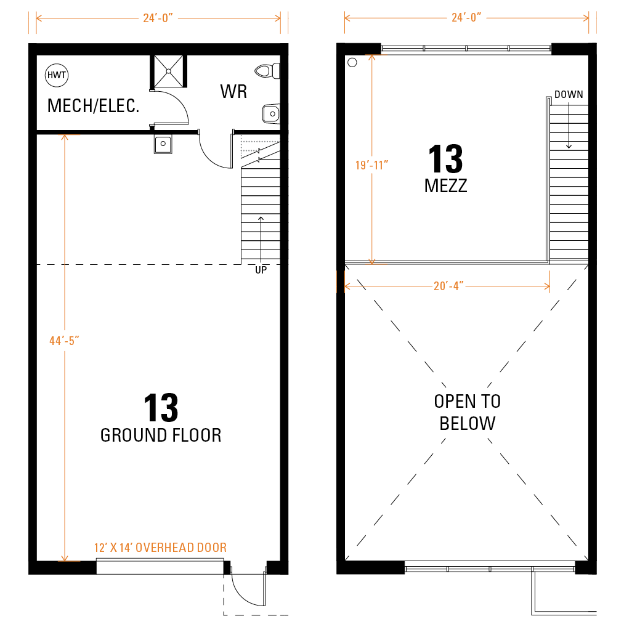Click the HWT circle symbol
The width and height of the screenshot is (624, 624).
(57, 75)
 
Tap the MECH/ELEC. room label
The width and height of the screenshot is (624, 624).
(93, 106)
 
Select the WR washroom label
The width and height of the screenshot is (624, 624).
(233, 92)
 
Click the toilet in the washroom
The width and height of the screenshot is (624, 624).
(267, 71)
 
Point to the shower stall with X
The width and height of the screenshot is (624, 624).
(169, 71)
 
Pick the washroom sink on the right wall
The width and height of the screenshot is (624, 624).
(272, 114)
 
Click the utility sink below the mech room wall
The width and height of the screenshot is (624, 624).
(163, 144)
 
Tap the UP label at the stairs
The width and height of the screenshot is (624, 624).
(261, 270)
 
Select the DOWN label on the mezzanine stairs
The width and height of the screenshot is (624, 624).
(569, 94)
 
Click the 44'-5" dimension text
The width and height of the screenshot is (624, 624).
(64, 341)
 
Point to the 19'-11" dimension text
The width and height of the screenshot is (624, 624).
(371, 165)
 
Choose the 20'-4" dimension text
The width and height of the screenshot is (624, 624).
(448, 286)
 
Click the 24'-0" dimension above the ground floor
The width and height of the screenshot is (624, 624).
(158, 18)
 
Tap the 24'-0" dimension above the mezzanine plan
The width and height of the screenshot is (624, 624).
(466, 18)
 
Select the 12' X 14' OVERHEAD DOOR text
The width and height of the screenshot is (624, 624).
(160, 548)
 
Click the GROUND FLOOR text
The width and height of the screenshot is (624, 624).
(161, 436)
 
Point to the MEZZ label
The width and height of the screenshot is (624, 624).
(446, 186)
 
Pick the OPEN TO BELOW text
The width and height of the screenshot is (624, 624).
(468, 412)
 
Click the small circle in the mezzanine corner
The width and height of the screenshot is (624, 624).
(352, 62)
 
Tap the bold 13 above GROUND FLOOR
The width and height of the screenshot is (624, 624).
(161, 408)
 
